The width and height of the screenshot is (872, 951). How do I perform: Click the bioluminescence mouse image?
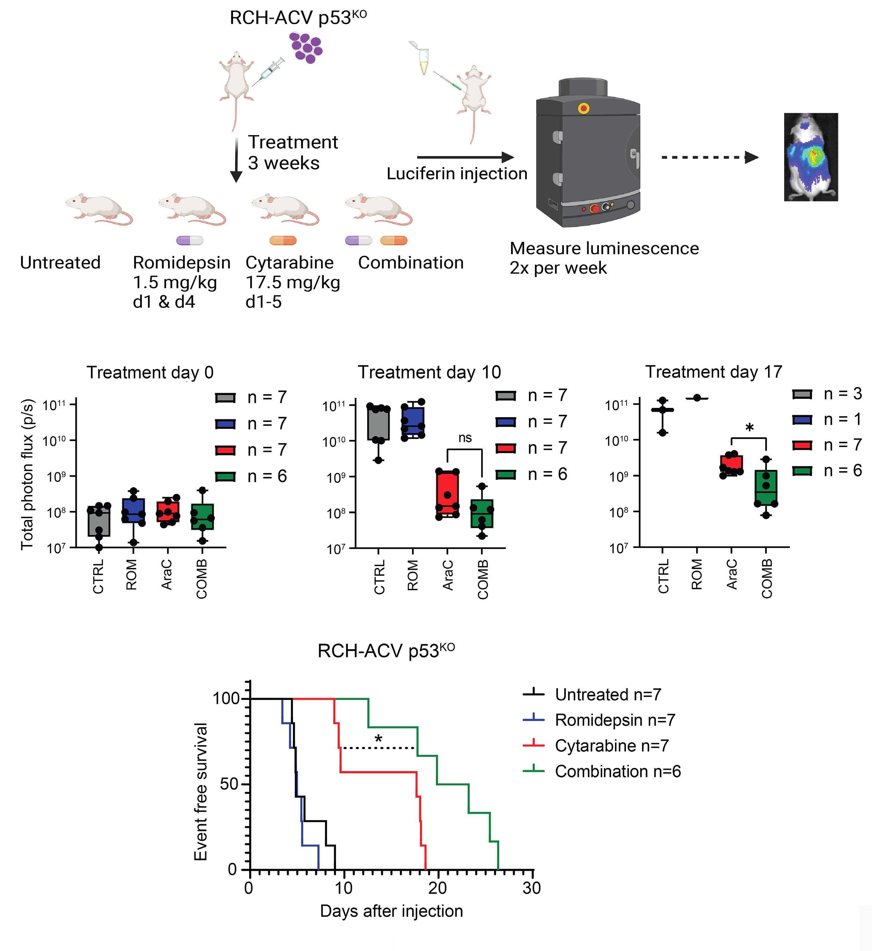pyautogui.click(x=811, y=157)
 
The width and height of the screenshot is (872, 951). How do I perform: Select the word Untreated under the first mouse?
pyautogui.click(x=60, y=263)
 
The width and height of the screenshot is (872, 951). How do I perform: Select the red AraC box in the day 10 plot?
pyautogui.click(x=447, y=493)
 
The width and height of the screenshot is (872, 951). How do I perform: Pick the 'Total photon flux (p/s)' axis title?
pyautogui.click(x=27, y=474)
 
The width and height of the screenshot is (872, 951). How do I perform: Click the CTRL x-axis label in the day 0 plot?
pyautogui.click(x=98, y=577)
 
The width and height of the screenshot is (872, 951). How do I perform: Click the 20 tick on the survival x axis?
pyautogui.click(x=437, y=888)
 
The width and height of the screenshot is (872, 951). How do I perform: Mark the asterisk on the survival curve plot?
pyautogui.click(x=378, y=739)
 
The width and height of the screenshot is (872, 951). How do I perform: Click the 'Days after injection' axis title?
pyautogui.click(x=391, y=911)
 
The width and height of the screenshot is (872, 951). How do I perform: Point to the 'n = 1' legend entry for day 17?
pyautogui.click(x=842, y=419)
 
